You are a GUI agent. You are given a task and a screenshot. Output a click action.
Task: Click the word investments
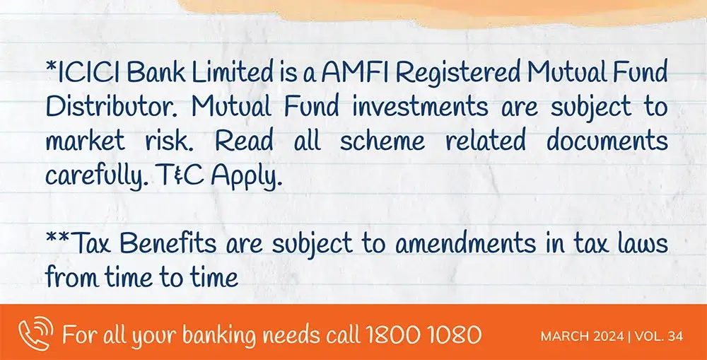[x=420, y=108]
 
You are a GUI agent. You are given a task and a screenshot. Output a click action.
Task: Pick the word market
[x=85, y=141]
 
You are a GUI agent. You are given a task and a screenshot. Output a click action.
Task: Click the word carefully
[x=97, y=176]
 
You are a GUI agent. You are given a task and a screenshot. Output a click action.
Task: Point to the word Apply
[x=247, y=176]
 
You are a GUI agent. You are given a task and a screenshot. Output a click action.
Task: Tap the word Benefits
[x=168, y=243]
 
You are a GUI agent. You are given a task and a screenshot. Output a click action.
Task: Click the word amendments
[x=466, y=243]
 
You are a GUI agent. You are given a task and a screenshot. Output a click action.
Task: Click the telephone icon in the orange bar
[x=35, y=333]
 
